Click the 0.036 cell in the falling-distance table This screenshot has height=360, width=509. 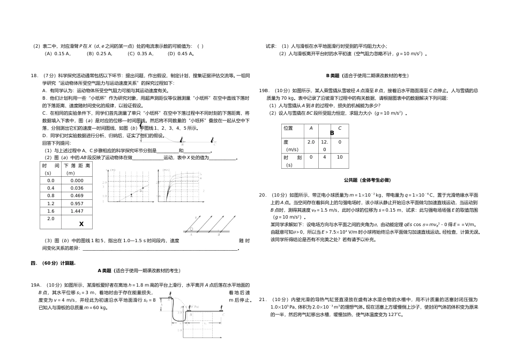[77, 188]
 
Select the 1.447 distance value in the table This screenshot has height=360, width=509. [77, 211]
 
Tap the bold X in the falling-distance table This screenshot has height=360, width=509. [81, 224]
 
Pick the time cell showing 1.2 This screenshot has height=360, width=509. [51, 204]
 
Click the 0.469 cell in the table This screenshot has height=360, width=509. [77, 196]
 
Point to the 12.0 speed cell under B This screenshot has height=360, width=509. [325, 146]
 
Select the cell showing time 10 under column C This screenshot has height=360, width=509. [340, 157]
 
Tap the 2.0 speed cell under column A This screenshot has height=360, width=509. [311, 142]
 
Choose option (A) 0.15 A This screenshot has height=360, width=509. [58, 54]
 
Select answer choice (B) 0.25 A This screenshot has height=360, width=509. [100, 54]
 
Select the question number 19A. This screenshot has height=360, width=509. [36, 284]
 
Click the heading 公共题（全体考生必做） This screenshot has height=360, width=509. [367, 180]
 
